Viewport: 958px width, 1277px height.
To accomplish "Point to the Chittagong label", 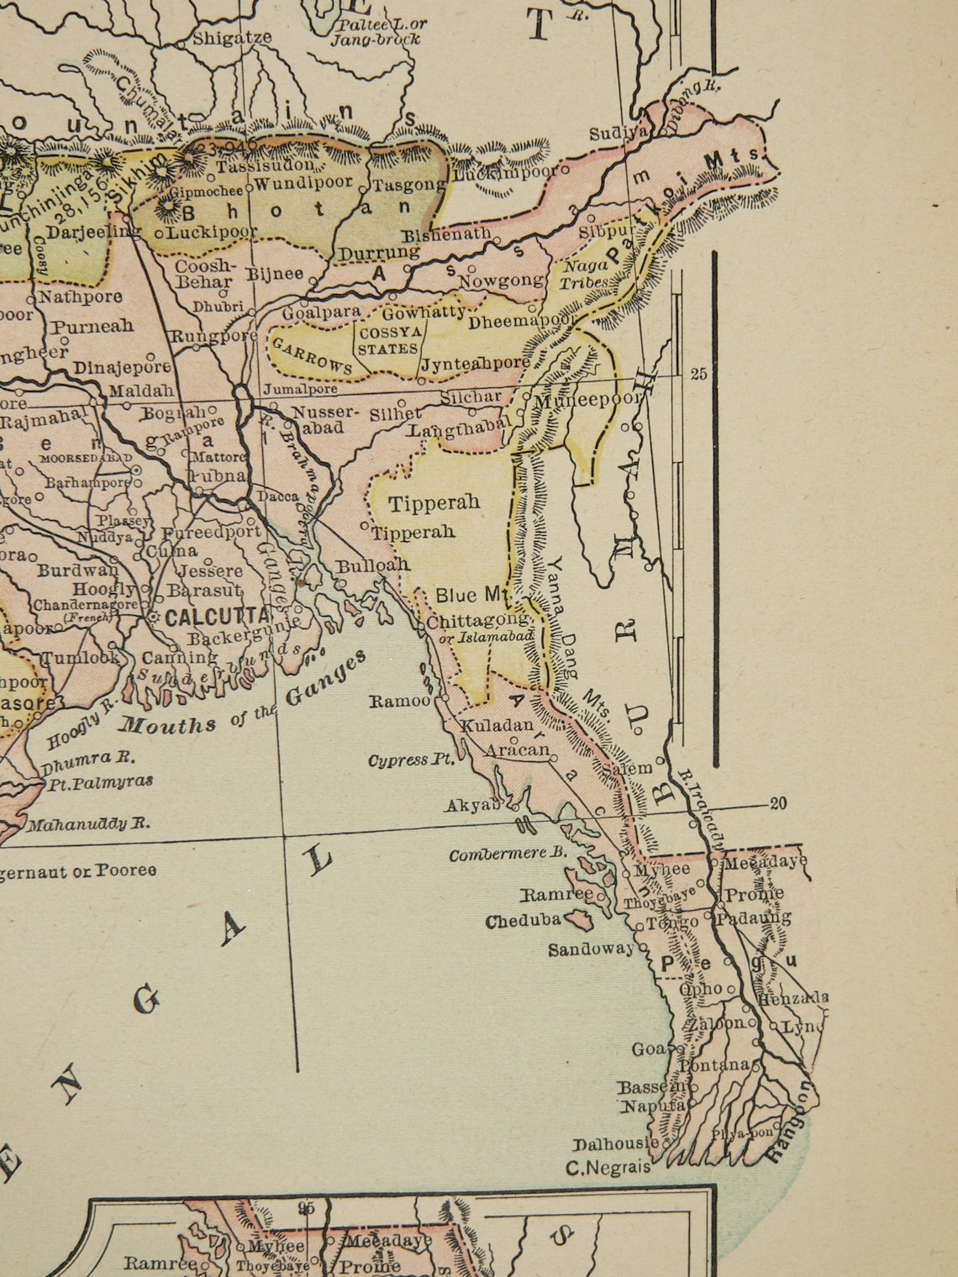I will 478,621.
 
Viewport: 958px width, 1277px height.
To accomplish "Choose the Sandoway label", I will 591,949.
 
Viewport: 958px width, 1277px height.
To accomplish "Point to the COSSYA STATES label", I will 387,340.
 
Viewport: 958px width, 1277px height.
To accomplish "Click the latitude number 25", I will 698,375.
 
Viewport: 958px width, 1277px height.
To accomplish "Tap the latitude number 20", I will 778,804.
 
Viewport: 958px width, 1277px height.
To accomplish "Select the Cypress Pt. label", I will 410,760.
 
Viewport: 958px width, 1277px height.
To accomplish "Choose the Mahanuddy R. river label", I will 89,824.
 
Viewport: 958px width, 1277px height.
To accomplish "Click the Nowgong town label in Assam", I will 500,281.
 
